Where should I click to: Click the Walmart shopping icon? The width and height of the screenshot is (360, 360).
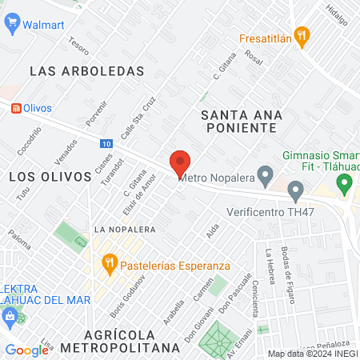tap(11, 24)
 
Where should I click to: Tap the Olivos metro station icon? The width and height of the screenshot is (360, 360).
tap(15, 107)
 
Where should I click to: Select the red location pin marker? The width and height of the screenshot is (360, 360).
tap(180, 163)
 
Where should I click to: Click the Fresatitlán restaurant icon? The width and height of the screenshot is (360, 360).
tap(301, 35)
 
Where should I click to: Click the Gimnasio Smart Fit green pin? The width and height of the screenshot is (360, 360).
tap(345, 185)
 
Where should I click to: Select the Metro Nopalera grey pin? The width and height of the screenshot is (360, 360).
tap(267, 174)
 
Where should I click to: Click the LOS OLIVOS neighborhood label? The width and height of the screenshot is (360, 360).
tap(50, 176)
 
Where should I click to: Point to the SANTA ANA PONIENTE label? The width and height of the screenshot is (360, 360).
tap(242, 121)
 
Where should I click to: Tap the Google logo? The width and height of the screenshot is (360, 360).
tap(26, 350)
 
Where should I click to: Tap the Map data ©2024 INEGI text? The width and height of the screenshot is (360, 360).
tap(311, 354)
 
